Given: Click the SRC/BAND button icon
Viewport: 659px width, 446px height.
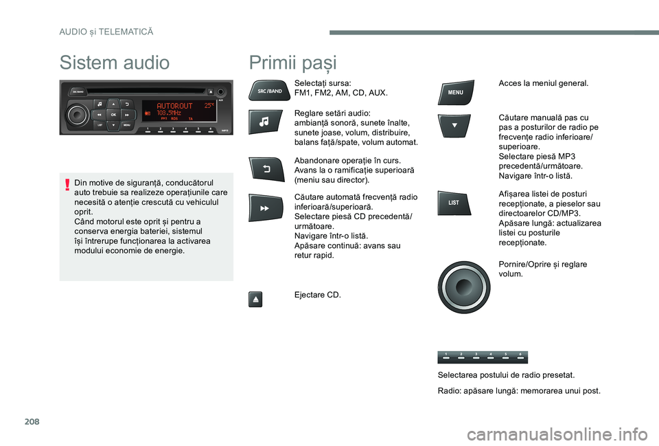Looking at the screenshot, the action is [269, 91].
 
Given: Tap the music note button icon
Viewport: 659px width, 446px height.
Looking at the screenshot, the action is [265, 122].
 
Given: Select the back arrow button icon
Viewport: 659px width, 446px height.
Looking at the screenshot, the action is [266, 169].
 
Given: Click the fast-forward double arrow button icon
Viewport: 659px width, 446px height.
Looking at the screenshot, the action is [265, 208].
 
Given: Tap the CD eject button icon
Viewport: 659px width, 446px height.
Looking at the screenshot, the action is [255, 299].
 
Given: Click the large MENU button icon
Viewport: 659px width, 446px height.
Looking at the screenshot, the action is [456, 92].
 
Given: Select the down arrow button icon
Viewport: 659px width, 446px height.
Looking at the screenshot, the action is [454, 126].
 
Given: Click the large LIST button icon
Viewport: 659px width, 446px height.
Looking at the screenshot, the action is [454, 203].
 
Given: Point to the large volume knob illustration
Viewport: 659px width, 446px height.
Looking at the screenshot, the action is [464, 287].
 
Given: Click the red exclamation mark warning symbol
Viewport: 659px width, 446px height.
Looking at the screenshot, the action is [67, 185].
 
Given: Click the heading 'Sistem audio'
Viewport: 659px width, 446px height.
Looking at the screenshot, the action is [115, 63].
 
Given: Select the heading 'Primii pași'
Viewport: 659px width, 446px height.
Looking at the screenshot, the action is [293, 63].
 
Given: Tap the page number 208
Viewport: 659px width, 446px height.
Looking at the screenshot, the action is [32, 421].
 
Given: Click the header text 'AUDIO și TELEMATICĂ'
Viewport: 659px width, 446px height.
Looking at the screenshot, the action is [106, 32].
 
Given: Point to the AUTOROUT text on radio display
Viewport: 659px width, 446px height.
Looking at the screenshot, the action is [174, 106].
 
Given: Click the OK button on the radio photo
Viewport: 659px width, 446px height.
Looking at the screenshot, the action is [113, 115].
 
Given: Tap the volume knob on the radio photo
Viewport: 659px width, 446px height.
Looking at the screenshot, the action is [77, 114].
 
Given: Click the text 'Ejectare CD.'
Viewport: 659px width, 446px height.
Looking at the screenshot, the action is [318, 295].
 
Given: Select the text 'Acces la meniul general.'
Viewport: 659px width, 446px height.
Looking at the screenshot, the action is [544, 83].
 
